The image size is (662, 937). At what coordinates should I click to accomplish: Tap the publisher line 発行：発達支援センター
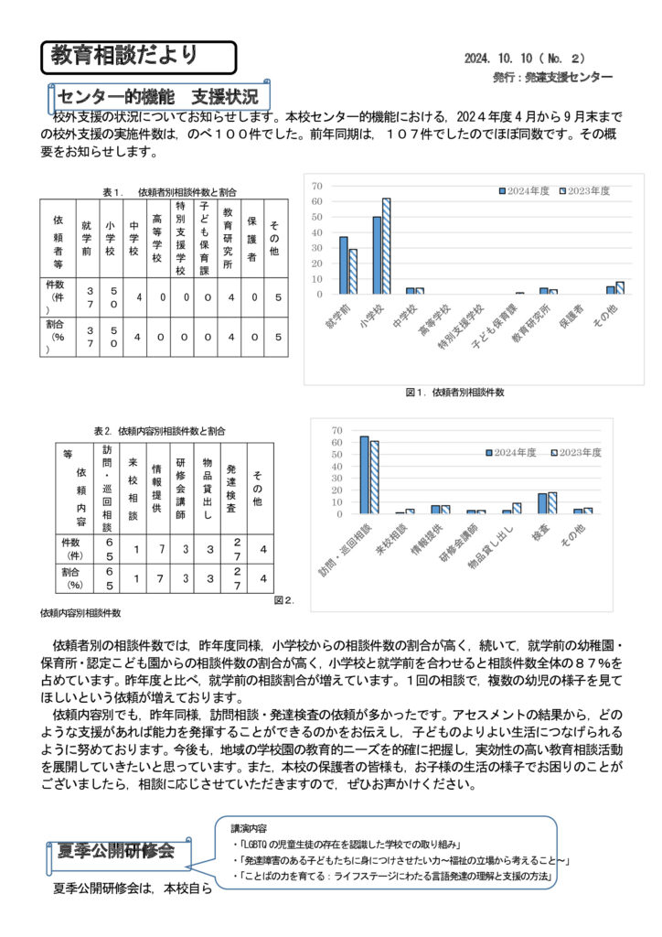[552, 78]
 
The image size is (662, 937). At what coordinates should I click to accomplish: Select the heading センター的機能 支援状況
[157, 96]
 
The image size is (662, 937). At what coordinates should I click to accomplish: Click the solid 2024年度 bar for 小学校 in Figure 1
[377, 255]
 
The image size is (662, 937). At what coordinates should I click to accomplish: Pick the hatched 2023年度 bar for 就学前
[353, 271]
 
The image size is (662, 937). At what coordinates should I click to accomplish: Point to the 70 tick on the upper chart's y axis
[317, 186]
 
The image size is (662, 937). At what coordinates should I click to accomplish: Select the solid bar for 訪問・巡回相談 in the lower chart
[364, 474]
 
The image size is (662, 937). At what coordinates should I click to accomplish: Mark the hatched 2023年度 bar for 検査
[551, 502]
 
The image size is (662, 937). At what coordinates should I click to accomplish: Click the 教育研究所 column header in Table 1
[230, 235]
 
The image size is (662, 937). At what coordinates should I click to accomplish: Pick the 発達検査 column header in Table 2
[231, 489]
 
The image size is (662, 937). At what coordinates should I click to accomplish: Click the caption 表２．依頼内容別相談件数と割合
[160, 431]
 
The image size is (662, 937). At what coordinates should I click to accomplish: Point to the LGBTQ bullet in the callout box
[352, 843]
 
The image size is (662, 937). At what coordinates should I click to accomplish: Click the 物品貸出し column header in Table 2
[208, 489]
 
